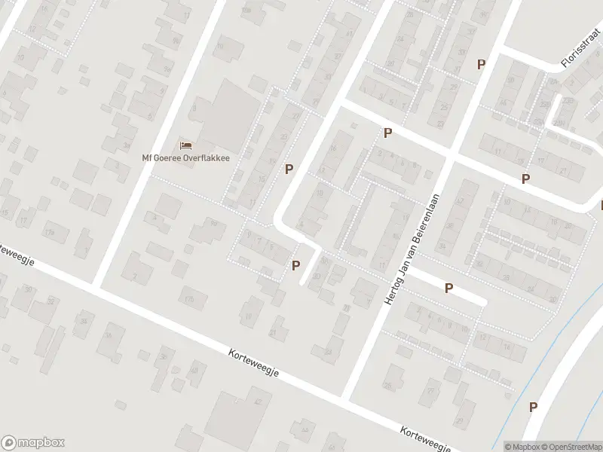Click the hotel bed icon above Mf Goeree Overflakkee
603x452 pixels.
pyautogui.click(x=186, y=145)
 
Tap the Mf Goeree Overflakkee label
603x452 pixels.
pyautogui.click(x=186, y=157)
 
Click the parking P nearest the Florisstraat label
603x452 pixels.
pyautogui.click(x=481, y=65)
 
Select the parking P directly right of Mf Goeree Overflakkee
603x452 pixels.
pyautogui.click(x=289, y=169)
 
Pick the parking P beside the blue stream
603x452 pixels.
pyautogui.click(x=533, y=407)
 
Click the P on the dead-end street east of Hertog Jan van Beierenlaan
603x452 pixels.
pyautogui.click(x=448, y=288)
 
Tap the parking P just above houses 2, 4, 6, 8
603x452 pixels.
pyautogui.click(x=388, y=133)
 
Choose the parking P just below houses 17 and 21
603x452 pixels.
pyautogui.click(x=525, y=179)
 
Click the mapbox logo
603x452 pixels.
pyautogui.click(x=33, y=442)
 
